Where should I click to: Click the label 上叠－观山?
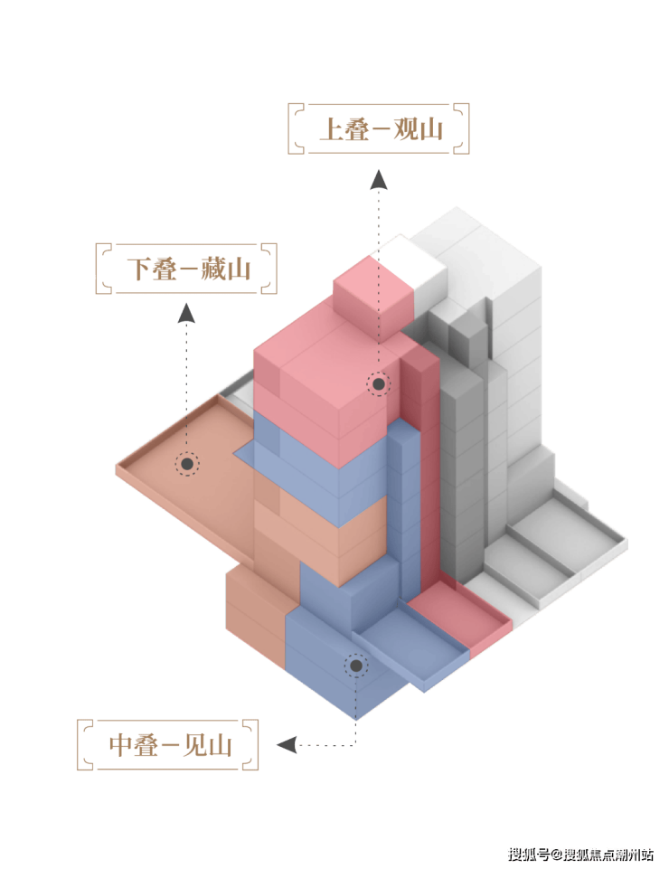pyautogui.click(x=382, y=129)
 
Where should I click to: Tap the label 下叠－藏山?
pyautogui.click(x=189, y=269)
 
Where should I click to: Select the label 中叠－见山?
pyautogui.click(x=170, y=745)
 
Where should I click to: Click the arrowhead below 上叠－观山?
pyautogui.click(x=379, y=180)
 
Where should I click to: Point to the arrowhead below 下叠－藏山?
pyautogui.click(x=186, y=313)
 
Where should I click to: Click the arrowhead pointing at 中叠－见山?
pyautogui.click(x=287, y=744)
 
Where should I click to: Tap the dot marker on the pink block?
pyautogui.click(x=379, y=383)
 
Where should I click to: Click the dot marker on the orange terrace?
pyautogui.click(x=187, y=464)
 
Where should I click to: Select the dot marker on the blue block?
pyautogui.click(x=356, y=665)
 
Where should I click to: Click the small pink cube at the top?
pyautogui.click(x=374, y=301)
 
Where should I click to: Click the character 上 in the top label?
pyautogui.click(x=332, y=129)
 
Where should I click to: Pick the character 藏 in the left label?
pyautogui.click(x=214, y=269)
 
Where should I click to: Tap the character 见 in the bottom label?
pyautogui.click(x=195, y=745)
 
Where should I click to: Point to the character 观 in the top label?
pyautogui.click(x=406, y=129)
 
